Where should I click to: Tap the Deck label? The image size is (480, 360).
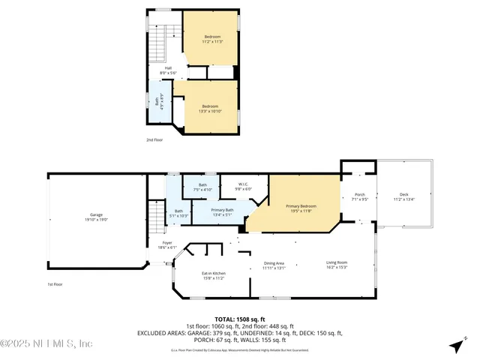coord(403,198)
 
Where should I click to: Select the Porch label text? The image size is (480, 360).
coord(358,198)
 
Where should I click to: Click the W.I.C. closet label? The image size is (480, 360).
coord(244,187)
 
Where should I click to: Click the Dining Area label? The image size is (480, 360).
coord(273,265)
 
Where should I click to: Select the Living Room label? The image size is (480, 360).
coord(337,265)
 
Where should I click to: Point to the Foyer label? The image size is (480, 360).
coord(167,244)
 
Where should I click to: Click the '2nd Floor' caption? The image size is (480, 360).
coord(155,139)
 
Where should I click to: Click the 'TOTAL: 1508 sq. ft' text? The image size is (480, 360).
coord(239,319)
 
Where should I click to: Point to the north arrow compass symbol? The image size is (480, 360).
coord(455,346)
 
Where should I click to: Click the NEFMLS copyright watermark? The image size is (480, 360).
coord(46,343)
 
